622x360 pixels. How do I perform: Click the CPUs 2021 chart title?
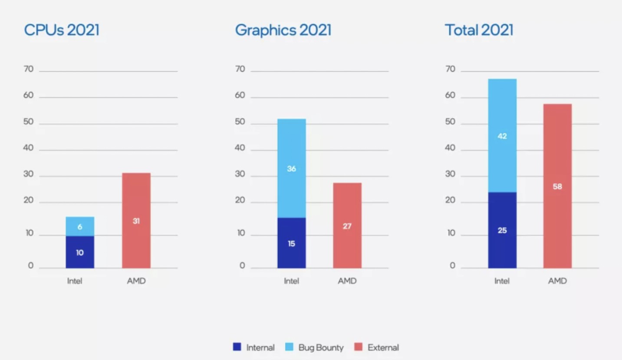pyautogui.click(x=62, y=30)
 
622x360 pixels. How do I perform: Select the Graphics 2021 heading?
pyautogui.click(x=283, y=30)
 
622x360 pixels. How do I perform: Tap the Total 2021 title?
pyautogui.click(x=479, y=30)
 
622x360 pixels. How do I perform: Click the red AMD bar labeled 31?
pyautogui.click(x=136, y=221)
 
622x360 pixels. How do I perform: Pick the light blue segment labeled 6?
pyautogui.click(x=80, y=226)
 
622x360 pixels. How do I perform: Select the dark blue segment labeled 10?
pyautogui.click(x=80, y=252)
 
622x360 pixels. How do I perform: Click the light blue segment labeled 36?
pyautogui.click(x=291, y=168)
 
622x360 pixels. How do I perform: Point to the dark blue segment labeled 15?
pyautogui.click(x=291, y=243)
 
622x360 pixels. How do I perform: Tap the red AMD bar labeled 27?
pyautogui.click(x=347, y=226)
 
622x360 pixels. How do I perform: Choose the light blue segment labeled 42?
pyautogui.click(x=502, y=136)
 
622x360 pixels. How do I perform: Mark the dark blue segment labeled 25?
pyautogui.click(x=502, y=230)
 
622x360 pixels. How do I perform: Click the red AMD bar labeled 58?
pyautogui.click(x=557, y=187)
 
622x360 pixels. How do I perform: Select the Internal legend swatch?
pyautogui.click(x=237, y=347)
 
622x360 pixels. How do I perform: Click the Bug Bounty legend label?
pyautogui.click(x=321, y=347)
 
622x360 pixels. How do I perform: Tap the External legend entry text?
pyautogui.click(x=383, y=347)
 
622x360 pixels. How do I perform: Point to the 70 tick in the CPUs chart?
pyautogui.click(x=29, y=69)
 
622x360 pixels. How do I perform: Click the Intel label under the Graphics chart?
pyautogui.click(x=291, y=281)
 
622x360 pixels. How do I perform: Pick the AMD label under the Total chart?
pyautogui.click(x=557, y=281)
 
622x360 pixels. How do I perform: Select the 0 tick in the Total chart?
pyautogui.click(x=453, y=265)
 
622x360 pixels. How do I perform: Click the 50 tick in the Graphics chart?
pyautogui.click(x=240, y=122)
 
